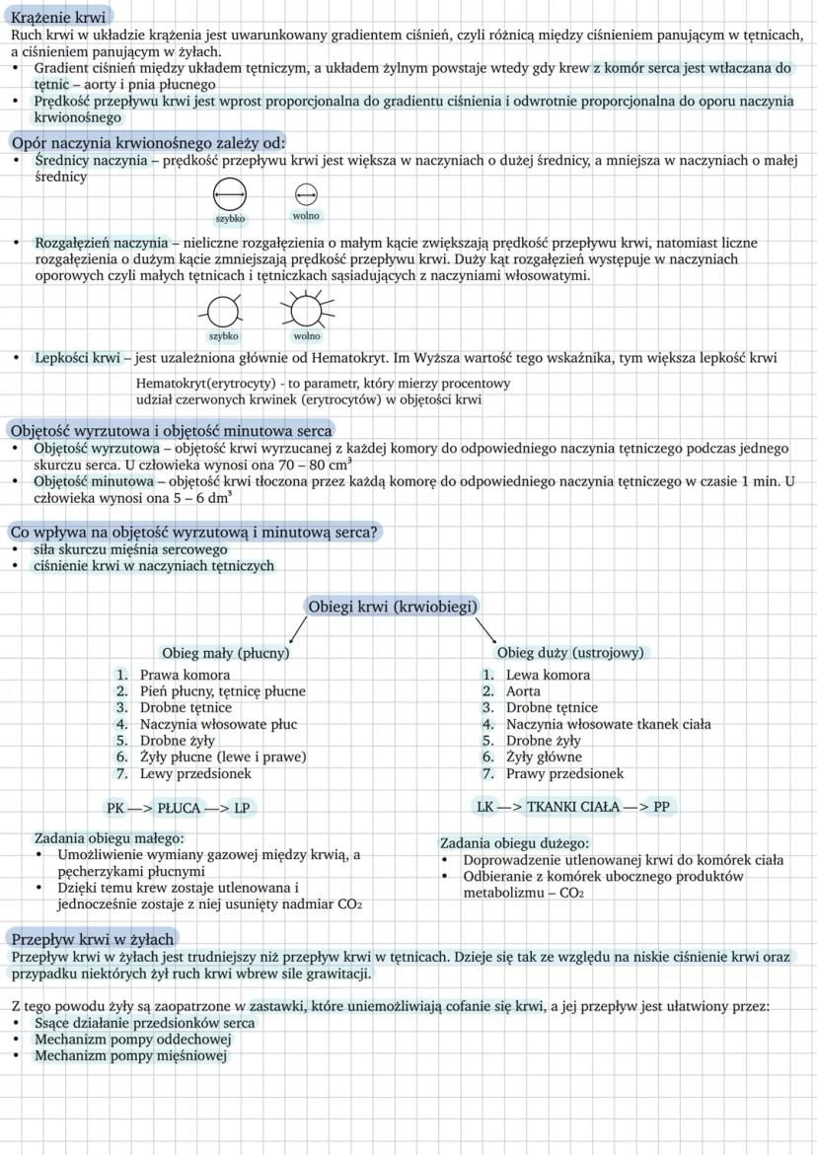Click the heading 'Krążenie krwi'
58,17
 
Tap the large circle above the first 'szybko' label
230,194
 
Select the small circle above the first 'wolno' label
306,193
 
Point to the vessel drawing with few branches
223,313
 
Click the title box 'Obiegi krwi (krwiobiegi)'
393,607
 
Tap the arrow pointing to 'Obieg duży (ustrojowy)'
486,628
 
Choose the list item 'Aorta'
523,691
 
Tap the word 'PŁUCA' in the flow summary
179,808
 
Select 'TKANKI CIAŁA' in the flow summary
573,806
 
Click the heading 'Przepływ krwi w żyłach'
92,938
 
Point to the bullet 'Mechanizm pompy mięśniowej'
130,1055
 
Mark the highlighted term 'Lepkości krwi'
77,358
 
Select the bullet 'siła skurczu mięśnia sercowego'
130,549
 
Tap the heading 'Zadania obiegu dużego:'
514,843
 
